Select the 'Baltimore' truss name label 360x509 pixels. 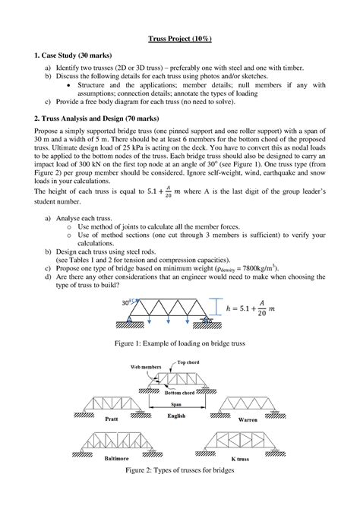pyautogui.click(x=114, y=459)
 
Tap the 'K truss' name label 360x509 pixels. pyautogui.click(x=244, y=459)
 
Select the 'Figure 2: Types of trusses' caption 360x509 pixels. pyautogui.click(x=179, y=472)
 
